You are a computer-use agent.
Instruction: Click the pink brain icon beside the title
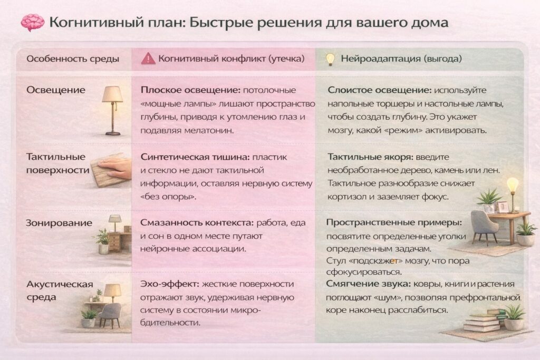tap(33, 22)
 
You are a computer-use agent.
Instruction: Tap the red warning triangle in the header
tap(148, 59)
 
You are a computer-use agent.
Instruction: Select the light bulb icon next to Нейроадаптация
tap(330, 59)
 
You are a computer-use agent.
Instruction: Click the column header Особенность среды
tap(73, 59)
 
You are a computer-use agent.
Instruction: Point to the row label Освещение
tap(55, 90)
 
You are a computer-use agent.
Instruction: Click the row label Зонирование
tap(59, 223)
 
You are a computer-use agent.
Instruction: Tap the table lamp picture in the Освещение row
tap(112, 109)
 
